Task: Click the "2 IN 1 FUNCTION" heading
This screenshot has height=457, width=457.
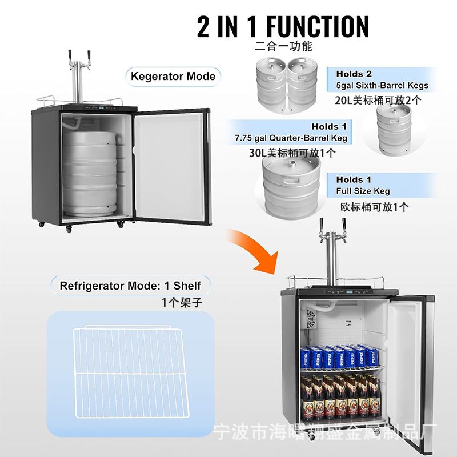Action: tap(283, 26)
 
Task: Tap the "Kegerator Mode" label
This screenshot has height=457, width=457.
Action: tap(173, 76)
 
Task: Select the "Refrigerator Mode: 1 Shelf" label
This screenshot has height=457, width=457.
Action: tap(130, 286)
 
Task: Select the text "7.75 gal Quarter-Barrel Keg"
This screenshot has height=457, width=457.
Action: tap(290, 138)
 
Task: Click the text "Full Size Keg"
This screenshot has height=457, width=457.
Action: tap(363, 191)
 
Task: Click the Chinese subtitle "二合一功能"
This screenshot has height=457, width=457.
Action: tap(283, 46)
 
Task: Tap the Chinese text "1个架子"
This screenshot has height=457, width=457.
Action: tap(182, 303)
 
